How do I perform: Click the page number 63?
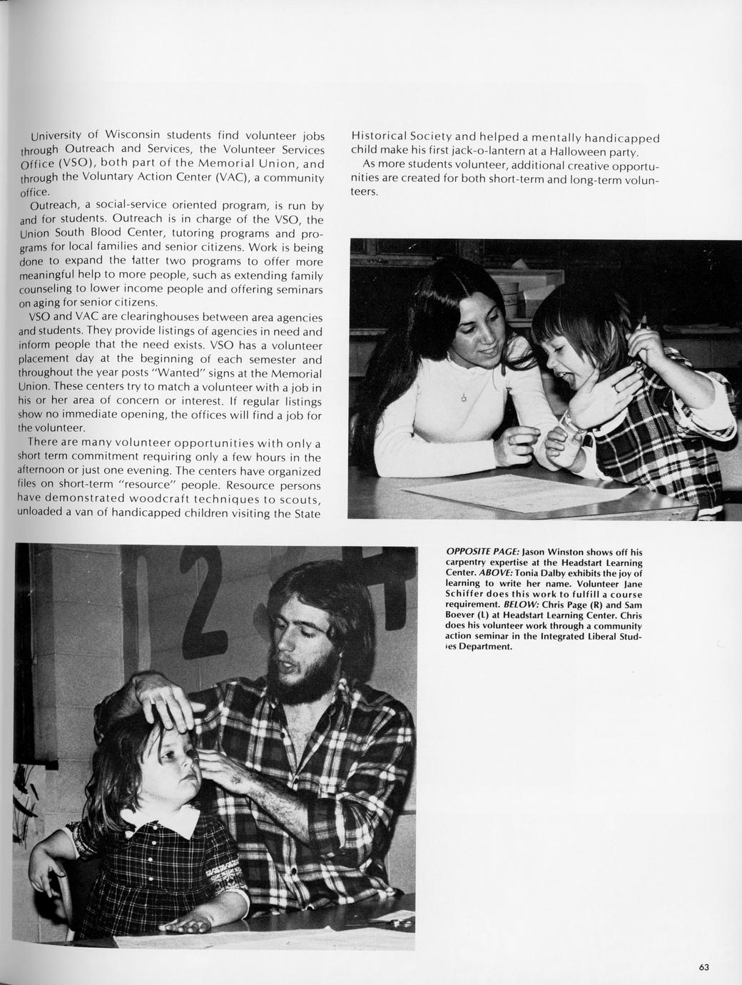coord(703,967)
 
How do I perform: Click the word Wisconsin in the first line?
coord(133,135)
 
